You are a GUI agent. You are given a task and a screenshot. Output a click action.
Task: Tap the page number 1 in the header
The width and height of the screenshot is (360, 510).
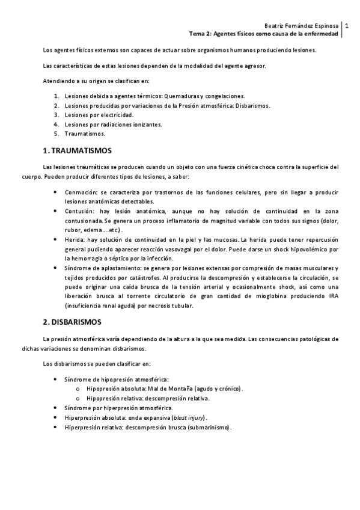tap(347, 26)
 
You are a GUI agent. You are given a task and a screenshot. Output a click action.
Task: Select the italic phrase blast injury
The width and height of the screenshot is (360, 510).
tap(188, 417)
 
